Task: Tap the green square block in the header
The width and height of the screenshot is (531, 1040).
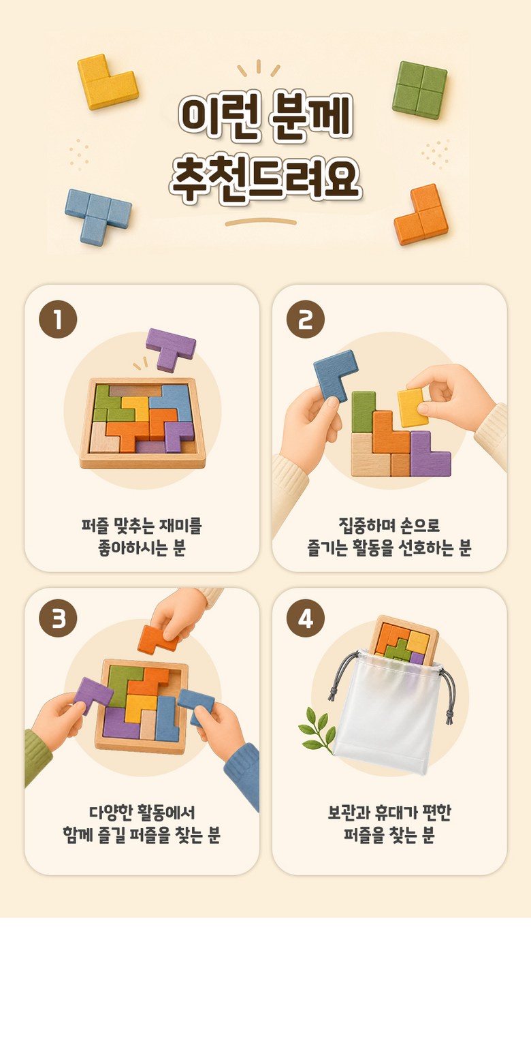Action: click(420, 90)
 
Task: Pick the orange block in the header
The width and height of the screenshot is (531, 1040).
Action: click(421, 216)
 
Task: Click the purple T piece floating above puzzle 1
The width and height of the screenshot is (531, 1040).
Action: click(170, 348)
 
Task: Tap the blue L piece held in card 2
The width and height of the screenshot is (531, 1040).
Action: click(334, 371)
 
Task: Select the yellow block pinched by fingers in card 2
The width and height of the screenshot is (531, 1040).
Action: click(412, 407)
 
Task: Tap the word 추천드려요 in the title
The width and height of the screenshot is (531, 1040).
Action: click(265, 180)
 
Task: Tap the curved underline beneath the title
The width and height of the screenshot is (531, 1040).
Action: click(261, 222)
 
